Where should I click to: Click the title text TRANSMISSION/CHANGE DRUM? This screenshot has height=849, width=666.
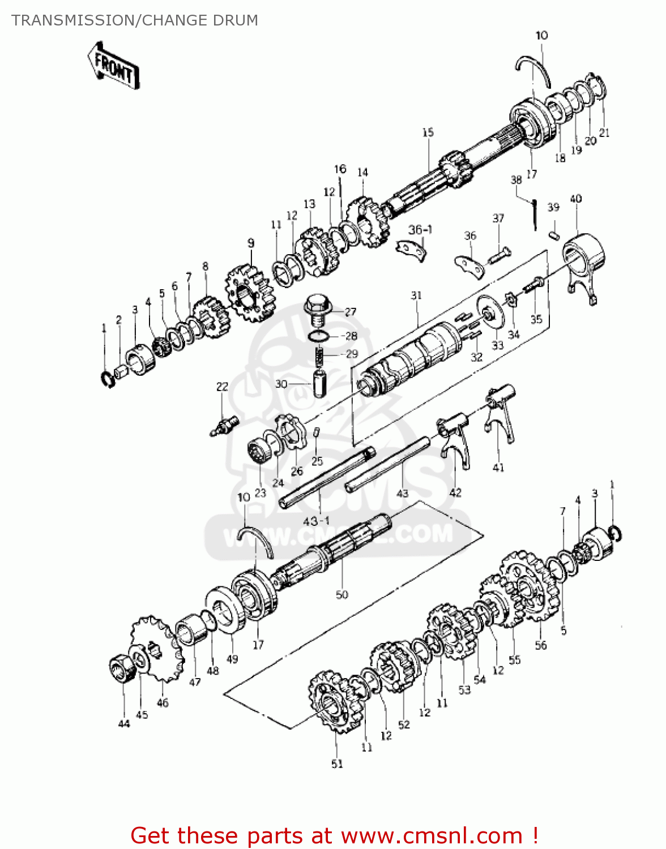[135, 20]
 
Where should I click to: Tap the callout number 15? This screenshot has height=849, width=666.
[428, 132]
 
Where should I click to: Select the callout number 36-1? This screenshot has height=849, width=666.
[420, 229]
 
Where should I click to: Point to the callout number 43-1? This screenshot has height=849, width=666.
[317, 520]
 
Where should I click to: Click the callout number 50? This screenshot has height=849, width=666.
[341, 594]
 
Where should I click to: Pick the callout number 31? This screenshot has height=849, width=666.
[416, 295]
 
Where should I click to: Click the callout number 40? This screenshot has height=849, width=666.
[575, 199]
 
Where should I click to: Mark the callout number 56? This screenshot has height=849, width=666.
[541, 645]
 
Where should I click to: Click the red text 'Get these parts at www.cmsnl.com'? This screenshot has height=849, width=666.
[334, 835]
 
